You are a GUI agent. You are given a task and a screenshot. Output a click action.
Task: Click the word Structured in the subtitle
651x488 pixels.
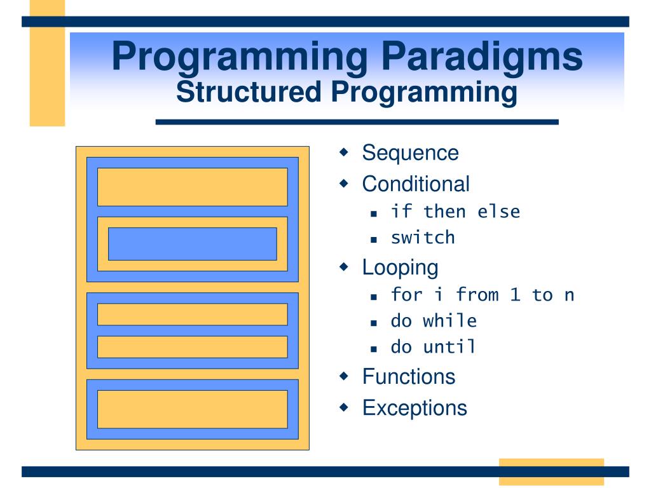click(x=248, y=92)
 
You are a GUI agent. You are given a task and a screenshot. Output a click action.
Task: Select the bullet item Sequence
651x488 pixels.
click(x=410, y=153)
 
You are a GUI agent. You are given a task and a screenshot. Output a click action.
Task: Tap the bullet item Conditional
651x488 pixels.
click(x=416, y=184)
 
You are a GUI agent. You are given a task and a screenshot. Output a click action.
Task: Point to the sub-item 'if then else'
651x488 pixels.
click(x=455, y=212)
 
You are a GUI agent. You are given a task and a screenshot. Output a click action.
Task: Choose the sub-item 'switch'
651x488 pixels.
click(x=423, y=238)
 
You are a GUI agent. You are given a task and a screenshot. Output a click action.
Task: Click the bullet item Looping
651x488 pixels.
click(x=400, y=267)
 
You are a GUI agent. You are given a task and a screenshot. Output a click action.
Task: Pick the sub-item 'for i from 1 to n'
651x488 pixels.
click(x=483, y=295)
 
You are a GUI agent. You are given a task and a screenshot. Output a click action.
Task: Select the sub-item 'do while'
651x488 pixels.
click(x=434, y=321)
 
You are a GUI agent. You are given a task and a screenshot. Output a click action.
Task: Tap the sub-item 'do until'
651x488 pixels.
click(x=434, y=347)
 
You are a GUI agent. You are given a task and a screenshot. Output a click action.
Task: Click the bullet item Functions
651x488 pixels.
click(x=409, y=376)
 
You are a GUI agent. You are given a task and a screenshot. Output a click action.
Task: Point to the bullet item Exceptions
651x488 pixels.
click(x=415, y=407)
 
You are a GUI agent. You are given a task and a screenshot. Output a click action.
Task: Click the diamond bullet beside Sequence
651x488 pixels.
click(x=344, y=153)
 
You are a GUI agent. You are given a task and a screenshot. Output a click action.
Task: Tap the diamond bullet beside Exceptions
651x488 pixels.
click(x=344, y=407)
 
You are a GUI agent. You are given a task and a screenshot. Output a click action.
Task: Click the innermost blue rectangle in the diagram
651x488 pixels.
click(x=192, y=244)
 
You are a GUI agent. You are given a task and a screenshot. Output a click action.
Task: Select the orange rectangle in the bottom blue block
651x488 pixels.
click(x=192, y=409)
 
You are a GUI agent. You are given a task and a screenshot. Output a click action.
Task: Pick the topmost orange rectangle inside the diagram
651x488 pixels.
click(x=192, y=187)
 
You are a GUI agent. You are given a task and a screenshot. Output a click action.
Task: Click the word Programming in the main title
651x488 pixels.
click(x=240, y=57)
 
